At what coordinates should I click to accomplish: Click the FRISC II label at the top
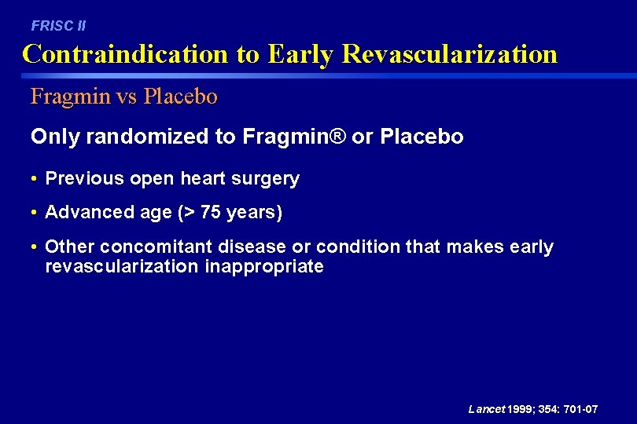tap(58, 26)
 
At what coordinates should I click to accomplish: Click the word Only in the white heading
tap(55, 137)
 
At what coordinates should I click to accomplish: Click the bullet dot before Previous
tap(35, 179)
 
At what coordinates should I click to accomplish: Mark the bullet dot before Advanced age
tap(35, 213)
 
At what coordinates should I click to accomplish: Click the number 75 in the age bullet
tap(212, 213)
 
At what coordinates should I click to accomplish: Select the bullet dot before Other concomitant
tap(35, 247)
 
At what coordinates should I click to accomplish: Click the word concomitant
tap(156, 247)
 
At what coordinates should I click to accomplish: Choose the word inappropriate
tap(263, 267)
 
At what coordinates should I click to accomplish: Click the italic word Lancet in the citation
tap(485, 409)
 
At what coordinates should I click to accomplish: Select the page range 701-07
tap(580, 409)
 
